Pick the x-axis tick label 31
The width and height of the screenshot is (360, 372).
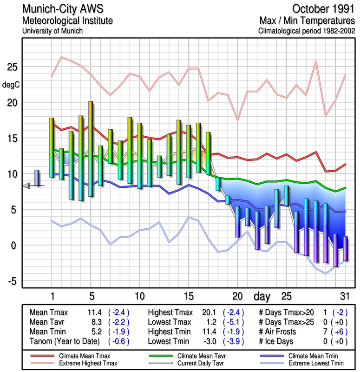pos(345,296)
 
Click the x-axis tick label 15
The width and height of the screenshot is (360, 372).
pos(189,296)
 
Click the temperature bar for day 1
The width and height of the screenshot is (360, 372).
pos(51,147)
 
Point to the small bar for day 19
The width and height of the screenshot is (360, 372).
pos(228,200)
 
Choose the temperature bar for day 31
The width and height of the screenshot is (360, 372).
pos(345,249)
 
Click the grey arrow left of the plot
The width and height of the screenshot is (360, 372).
pos(26,186)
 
